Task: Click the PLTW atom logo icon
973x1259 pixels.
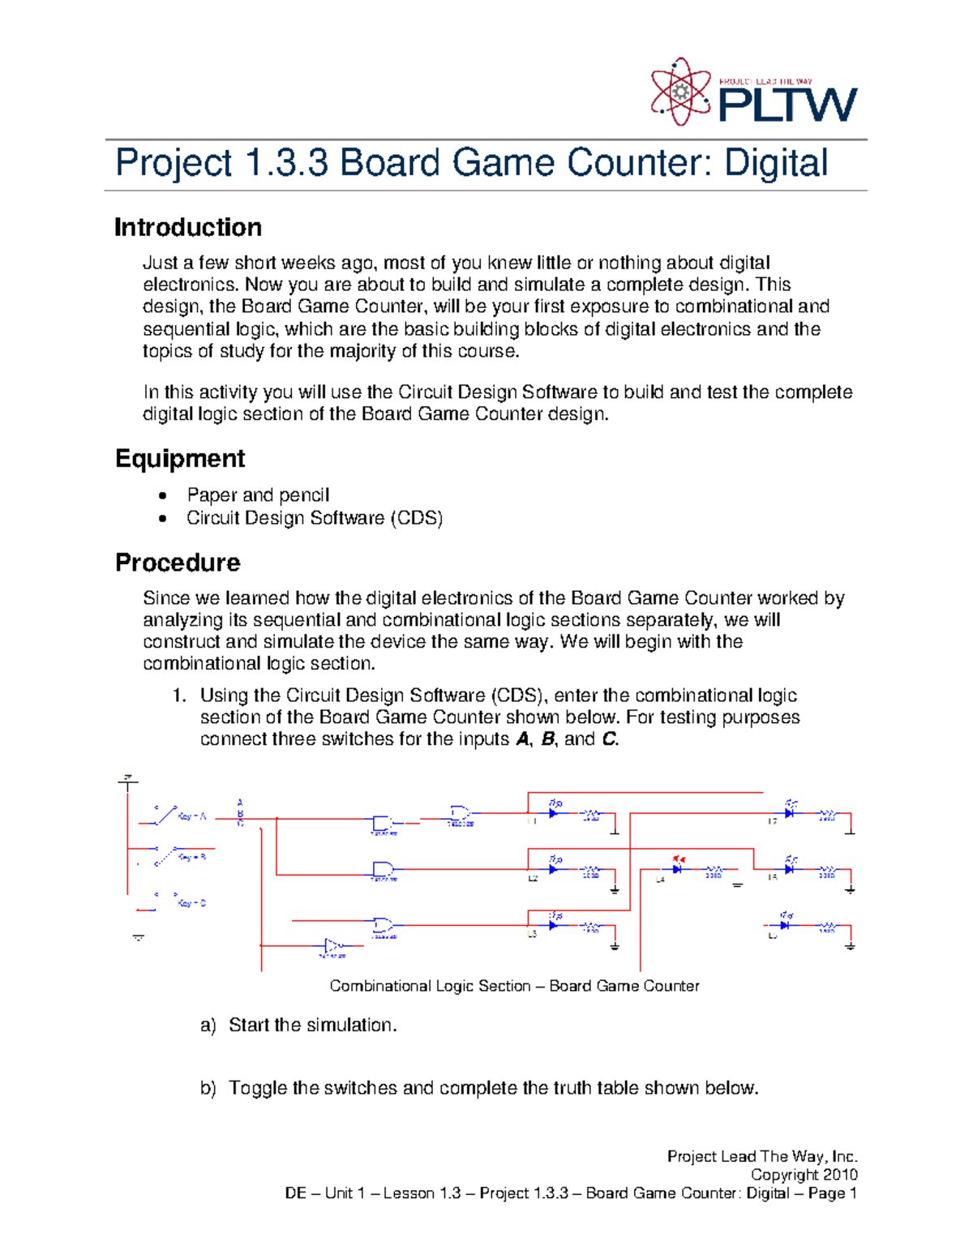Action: pyautogui.click(x=681, y=92)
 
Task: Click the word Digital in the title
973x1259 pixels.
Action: pyautogui.click(x=775, y=163)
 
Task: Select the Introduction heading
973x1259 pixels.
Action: pyautogui.click(x=188, y=228)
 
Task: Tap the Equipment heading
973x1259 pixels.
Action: pyautogui.click(x=180, y=459)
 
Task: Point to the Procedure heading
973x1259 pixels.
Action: pyautogui.click(x=178, y=563)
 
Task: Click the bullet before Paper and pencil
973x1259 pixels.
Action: pyautogui.click(x=164, y=495)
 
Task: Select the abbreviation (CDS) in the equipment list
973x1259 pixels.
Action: pyautogui.click(x=416, y=518)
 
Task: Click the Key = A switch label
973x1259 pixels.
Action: pyautogui.click(x=192, y=816)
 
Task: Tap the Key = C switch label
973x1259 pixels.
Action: pyautogui.click(x=192, y=903)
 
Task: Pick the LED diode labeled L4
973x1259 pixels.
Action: pyautogui.click(x=677, y=869)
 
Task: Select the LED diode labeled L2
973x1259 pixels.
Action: pyautogui.click(x=554, y=869)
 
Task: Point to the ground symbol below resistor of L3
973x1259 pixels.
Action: pyautogui.click(x=615, y=946)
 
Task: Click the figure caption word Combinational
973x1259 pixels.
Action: pyautogui.click(x=380, y=987)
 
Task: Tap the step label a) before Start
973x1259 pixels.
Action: pyautogui.click(x=208, y=1026)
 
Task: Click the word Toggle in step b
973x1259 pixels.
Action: pyautogui.click(x=258, y=1088)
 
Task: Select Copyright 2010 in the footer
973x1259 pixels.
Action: pyautogui.click(x=804, y=1175)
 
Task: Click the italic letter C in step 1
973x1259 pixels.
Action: pyautogui.click(x=608, y=739)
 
